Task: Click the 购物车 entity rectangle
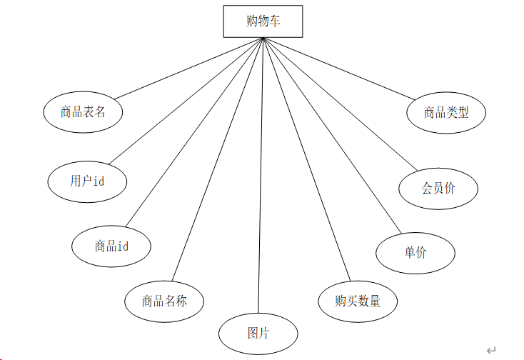click(x=263, y=21)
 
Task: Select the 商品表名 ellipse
click(x=83, y=112)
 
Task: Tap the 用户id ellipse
click(x=87, y=181)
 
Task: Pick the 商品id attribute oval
click(x=111, y=246)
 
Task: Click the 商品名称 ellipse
click(x=164, y=301)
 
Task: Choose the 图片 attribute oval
click(x=258, y=334)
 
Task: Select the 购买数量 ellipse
click(x=358, y=301)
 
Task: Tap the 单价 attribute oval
click(x=415, y=252)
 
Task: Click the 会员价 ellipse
click(x=438, y=189)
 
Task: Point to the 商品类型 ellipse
click(x=446, y=112)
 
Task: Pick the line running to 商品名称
click(x=218, y=160)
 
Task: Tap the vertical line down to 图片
click(x=261, y=179)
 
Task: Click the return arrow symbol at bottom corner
click(x=490, y=349)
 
